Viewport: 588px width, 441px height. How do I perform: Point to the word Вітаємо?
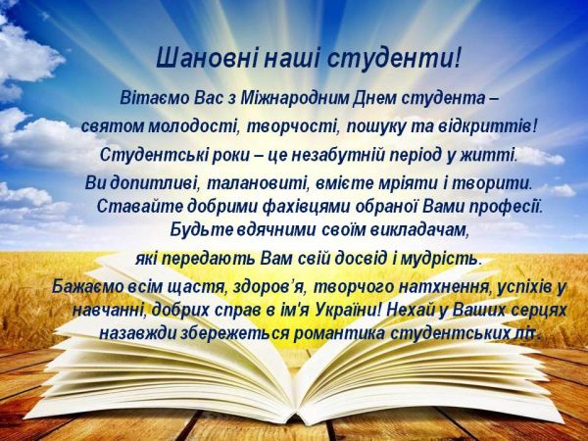(x=153, y=99)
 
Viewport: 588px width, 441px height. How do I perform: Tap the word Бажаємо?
(x=88, y=286)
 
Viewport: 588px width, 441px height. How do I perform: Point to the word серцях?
(x=537, y=309)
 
